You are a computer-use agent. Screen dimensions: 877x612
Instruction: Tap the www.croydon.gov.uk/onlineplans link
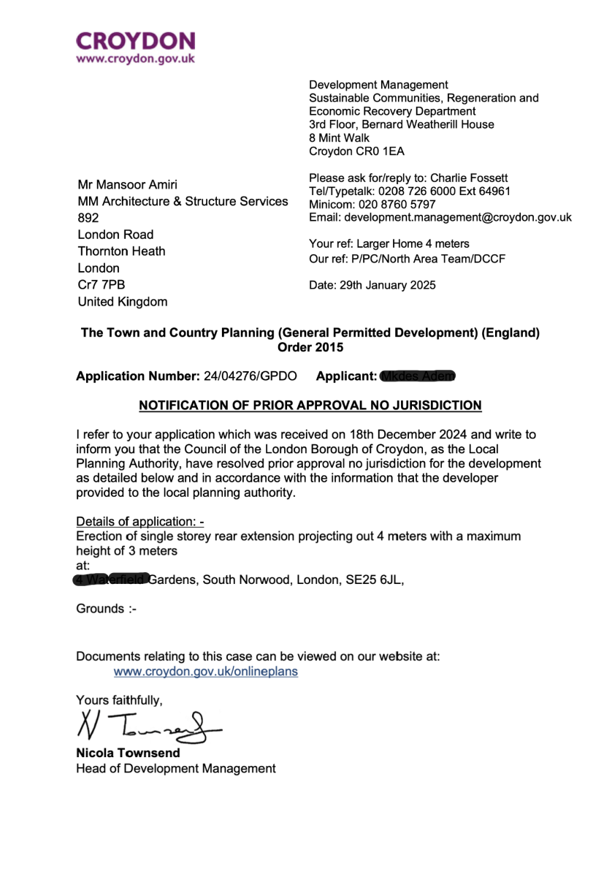pos(205,671)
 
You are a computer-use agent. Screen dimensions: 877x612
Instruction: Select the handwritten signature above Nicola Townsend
pos(146,725)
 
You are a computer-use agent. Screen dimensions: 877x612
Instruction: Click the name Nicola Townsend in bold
pos(128,753)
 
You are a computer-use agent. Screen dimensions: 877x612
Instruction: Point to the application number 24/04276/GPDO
pos(250,376)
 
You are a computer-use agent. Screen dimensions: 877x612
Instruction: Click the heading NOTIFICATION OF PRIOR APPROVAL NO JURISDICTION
pos(310,405)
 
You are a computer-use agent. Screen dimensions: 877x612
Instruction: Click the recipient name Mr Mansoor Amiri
pos(128,184)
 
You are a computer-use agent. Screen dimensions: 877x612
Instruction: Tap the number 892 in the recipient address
pos(88,218)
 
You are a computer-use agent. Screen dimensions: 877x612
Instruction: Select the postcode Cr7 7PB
pos(96,285)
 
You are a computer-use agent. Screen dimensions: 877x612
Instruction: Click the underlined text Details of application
pos(139,522)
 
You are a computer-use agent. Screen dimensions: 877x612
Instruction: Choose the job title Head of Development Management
pos(176,768)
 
